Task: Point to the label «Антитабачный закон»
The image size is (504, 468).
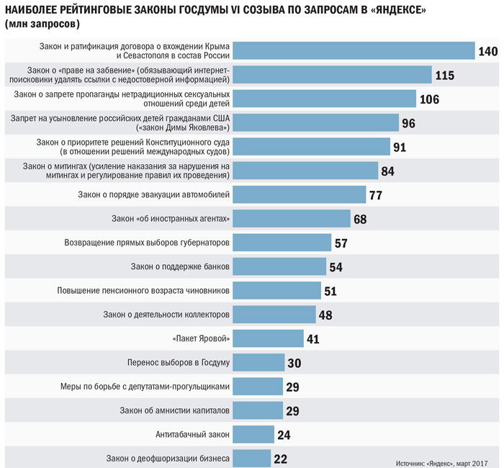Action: pyautogui.click(x=193, y=434)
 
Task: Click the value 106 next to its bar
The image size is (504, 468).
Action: pyautogui.click(x=430, y=99)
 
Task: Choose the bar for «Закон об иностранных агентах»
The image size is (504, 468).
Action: pyautogui.click(x=292, y=218)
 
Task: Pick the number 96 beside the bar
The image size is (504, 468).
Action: pyautogui.click(x=409, y=123)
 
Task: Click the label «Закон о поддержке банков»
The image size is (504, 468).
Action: pyautogui.click(x=180, y=266)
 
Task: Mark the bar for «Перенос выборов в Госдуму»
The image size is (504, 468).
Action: pyautogui.click(x=258, y=363)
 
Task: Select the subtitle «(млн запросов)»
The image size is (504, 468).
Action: pyautogui.click(x=41, y=24)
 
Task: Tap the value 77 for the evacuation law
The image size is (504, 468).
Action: pyautogui.click(x=375, y=195)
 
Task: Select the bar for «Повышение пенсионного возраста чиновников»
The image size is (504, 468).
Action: pyautogui.click(x=278, y=290)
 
